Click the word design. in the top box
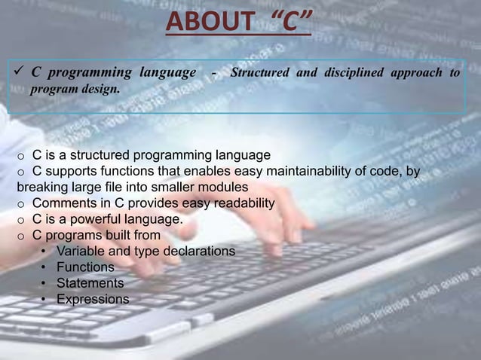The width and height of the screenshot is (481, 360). (95, 90)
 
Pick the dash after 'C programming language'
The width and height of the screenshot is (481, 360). (216, 73)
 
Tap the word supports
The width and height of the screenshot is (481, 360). (68, 172)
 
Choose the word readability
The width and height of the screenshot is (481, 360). (238, 203)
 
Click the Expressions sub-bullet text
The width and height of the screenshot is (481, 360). (93, 299)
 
